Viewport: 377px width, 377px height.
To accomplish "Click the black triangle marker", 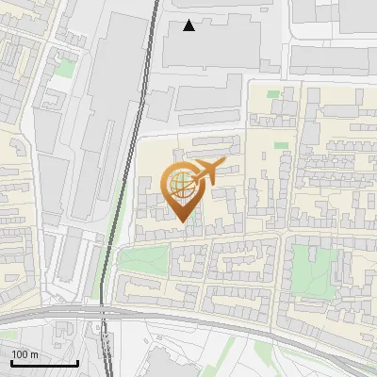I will point(189,25).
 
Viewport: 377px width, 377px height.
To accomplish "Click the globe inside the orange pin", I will point(181,185).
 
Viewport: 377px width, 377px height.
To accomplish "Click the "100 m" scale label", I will point(25,353).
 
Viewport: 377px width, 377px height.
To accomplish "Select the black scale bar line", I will point(44,363).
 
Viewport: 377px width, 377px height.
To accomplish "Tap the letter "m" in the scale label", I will point(35,353).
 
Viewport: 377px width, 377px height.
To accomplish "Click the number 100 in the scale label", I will point(21,353).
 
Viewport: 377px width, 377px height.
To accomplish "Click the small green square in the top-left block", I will point(64,68).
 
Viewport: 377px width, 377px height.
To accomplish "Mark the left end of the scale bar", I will point(11,363).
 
